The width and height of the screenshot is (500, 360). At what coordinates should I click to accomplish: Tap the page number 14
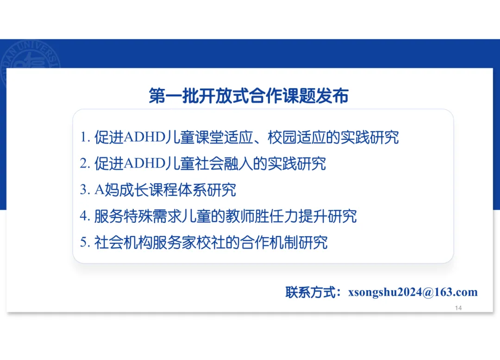tap(459, 308)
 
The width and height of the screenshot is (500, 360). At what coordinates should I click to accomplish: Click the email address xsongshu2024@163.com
tap(412, 292)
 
